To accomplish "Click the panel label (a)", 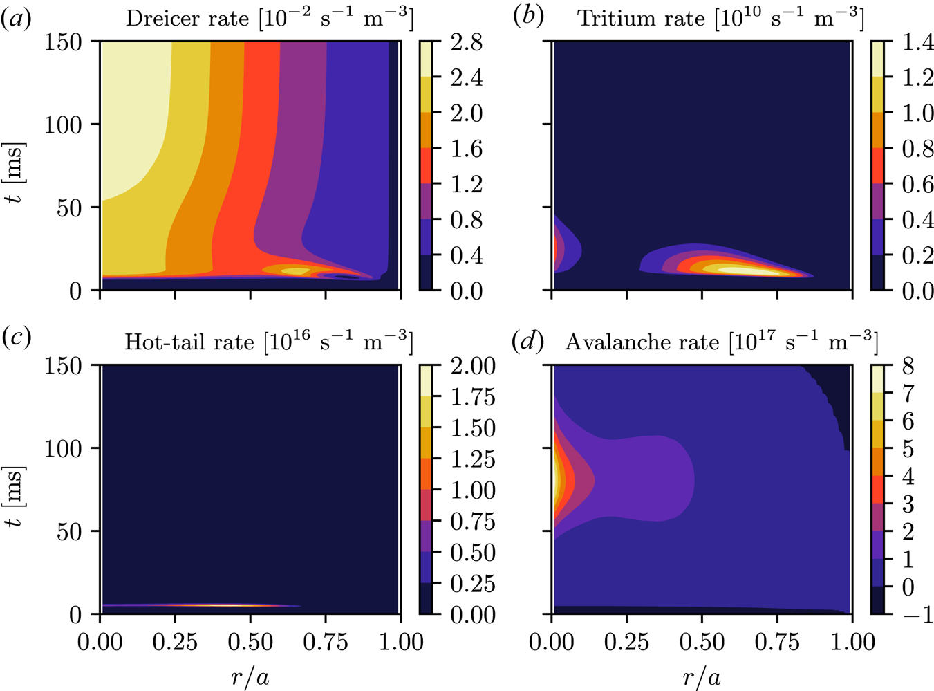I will point(16,18).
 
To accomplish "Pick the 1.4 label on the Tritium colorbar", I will point(917,43).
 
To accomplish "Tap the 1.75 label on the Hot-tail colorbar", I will point(473,397).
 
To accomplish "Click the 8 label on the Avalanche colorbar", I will point(908,366).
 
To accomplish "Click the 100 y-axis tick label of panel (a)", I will point(64,125).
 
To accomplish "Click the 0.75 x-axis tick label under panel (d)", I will point(777,642).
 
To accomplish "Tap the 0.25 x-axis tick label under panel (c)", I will point(175,642).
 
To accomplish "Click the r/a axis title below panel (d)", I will point(702,677).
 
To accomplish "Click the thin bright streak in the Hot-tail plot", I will point(228,606).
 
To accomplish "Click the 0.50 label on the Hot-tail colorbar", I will point(473,553).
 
